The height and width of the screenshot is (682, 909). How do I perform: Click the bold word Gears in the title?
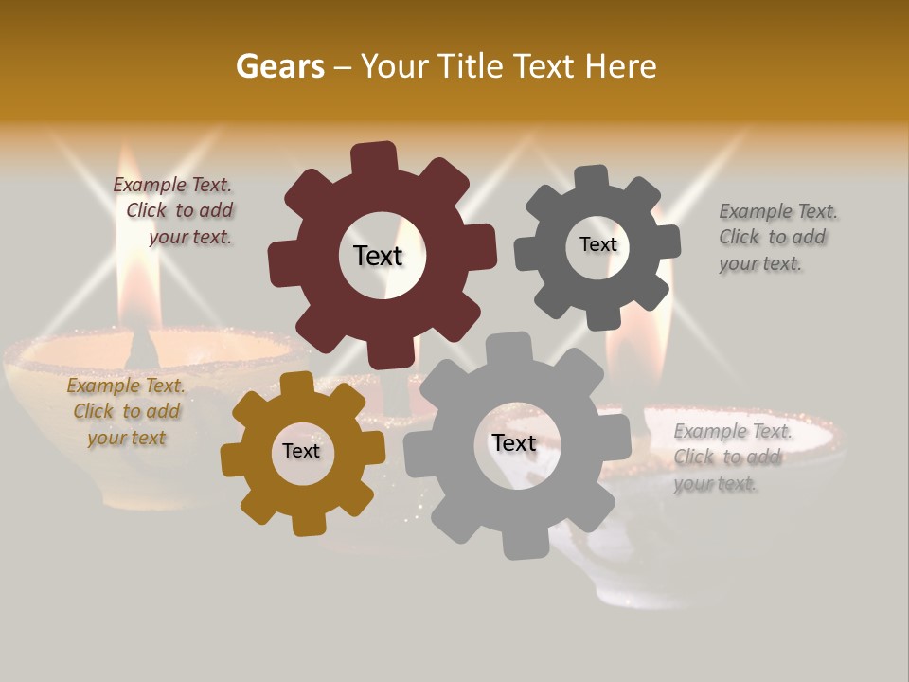pos(279,66)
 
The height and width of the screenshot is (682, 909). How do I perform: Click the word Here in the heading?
pos(620,66)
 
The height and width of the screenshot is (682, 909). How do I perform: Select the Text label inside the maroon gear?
pos(378,256)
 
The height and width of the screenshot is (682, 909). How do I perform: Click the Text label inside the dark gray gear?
pos(597,244)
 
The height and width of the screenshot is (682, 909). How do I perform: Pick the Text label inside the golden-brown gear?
pos(301,451)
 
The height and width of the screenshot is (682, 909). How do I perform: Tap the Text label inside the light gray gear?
pos(513,442)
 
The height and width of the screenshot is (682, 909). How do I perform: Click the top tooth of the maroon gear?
pos(374,157)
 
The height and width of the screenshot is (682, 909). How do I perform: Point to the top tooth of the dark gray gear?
pos(592,178)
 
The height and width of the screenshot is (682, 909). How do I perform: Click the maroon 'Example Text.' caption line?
pos(172,186)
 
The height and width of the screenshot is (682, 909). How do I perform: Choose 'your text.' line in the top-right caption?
pos(759,264)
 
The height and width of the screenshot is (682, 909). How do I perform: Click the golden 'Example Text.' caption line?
pos(126,386)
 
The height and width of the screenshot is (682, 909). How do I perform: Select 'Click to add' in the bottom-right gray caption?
pos(727,458)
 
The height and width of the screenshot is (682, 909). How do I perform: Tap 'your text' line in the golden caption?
pos(126,438)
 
